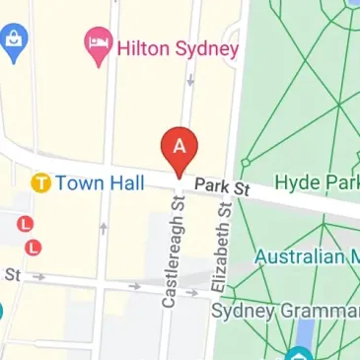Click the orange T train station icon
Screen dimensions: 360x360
[x=40, y=182]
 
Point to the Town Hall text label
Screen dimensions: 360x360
[x=100, y=182]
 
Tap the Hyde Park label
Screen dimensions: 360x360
[x=316, y=182]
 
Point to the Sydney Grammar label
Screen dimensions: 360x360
[x=285, y=312]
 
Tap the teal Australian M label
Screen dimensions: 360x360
[x=306, y=256]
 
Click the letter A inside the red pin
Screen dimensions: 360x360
[x=180, y=145]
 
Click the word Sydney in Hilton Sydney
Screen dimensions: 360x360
[x=206, y=47]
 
